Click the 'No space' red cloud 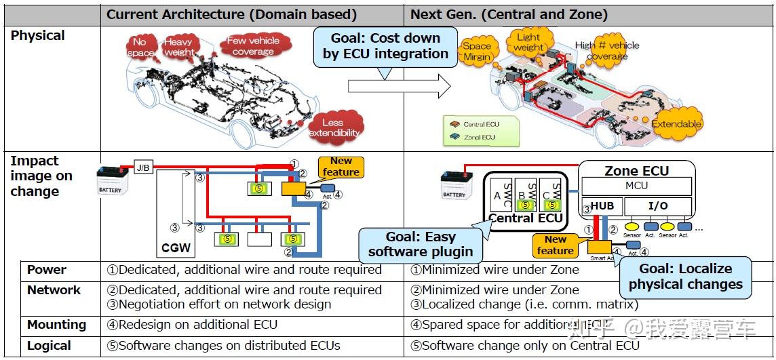coord(140,47)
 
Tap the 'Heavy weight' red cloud coord(179,47)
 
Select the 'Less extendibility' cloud coord(334,127)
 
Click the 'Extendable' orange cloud coord(676,124)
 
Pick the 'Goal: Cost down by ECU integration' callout coord(385,46)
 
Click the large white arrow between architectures coord(400,86)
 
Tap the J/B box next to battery coord(143,167)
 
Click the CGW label coord(176,248)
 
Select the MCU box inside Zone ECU coord(636,186)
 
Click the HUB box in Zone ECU coord(602,205)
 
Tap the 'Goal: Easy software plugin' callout coord(420,244)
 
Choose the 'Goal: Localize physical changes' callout coord(685,277)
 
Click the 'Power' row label coord(47,270)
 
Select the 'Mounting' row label coord(56,325)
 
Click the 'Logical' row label coord(49,346)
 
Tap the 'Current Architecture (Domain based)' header coord(231,14)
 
